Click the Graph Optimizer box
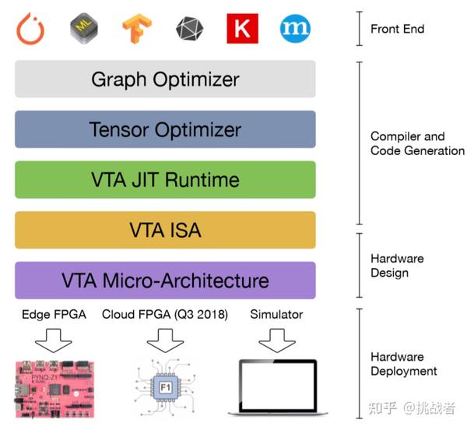(x=165, y=79)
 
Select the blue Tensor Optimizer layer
(x=165, y=129)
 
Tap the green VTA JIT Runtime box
(x=165, y=180)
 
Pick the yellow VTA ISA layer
(x=165, y=230)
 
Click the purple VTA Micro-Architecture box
(x=165, y=281)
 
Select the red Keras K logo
(x=242, y=29)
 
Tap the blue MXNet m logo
(x=295, y=29)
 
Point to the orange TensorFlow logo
(x=137, y=29)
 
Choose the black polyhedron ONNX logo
(x=189, y=29)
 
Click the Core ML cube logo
(x=84, y=28)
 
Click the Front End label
(x=397, y=29)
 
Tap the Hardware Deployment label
(x=403, y=364)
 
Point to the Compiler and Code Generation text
(x=416, y=143)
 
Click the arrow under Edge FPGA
(x=52, y=339)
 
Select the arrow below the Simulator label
(x=277, y=339)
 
